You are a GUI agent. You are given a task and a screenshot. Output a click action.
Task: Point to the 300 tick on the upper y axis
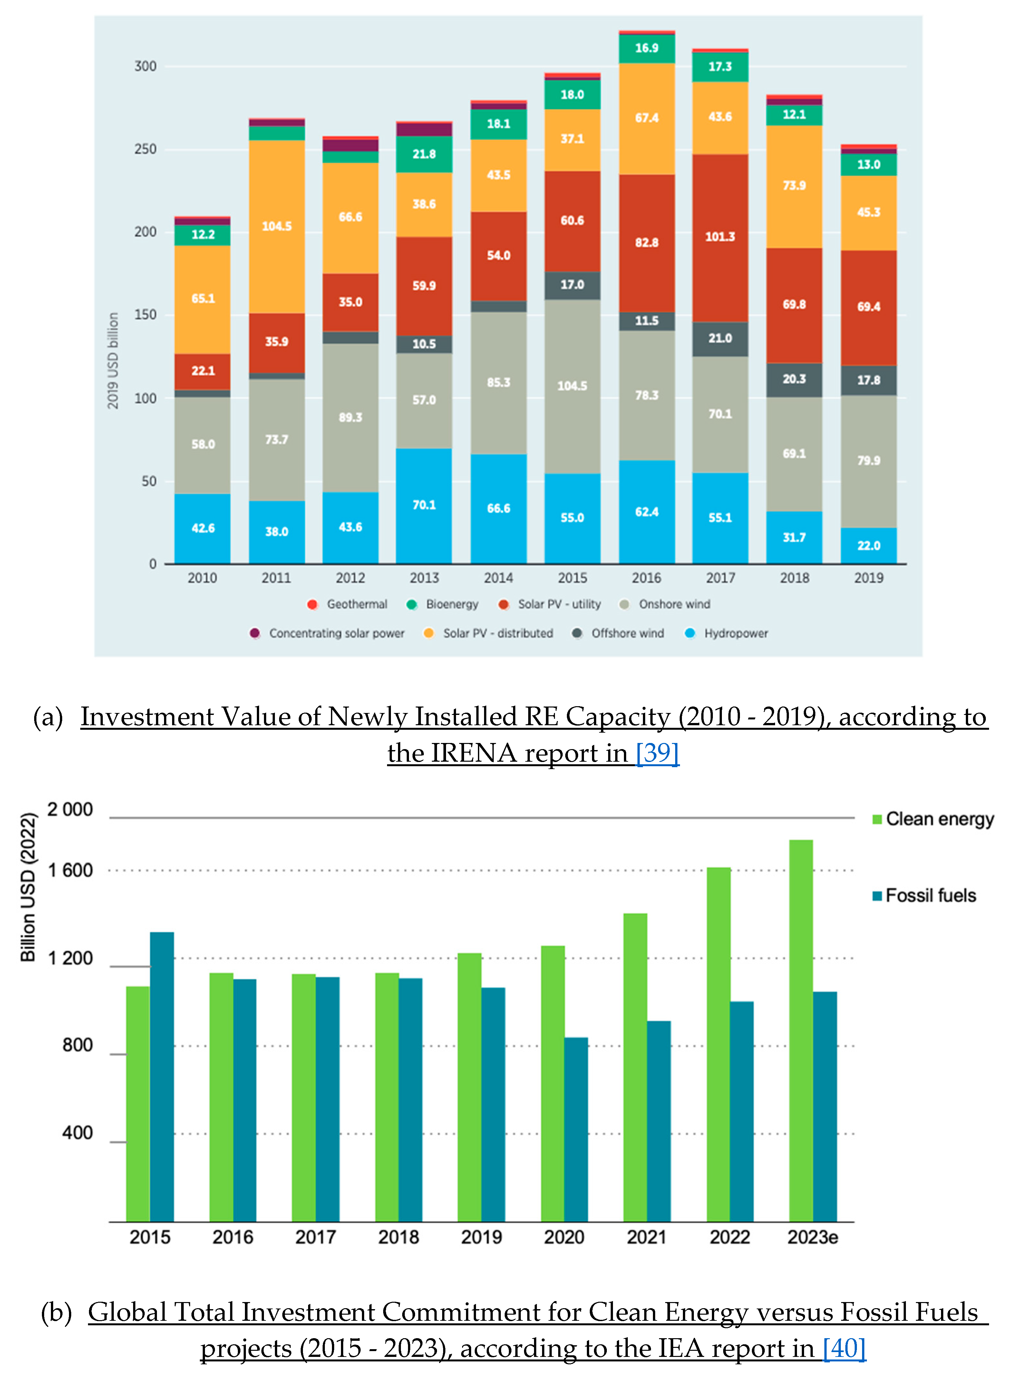tap(146, 66)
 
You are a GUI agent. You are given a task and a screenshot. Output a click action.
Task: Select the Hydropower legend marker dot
tap(690, 633)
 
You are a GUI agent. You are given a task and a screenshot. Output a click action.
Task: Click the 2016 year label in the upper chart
tap(646, 578)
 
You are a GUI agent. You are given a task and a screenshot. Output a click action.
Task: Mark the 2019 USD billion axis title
tap(113, 361)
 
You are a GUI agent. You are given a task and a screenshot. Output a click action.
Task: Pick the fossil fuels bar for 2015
tap(162, 1077)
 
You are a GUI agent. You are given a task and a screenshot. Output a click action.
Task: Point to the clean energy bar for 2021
tap(635, 1068)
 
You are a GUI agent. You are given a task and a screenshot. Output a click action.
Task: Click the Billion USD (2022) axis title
tap(28, 887)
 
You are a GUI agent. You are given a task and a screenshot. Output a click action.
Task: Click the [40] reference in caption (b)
tap(844, 1348)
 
